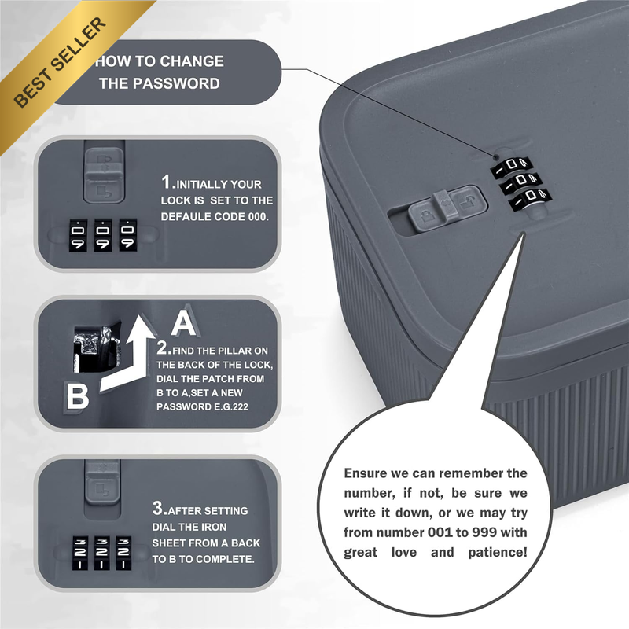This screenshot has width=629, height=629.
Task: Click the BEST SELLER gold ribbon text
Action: tap(61, 62)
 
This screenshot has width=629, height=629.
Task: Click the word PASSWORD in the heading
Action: tap(176, 83)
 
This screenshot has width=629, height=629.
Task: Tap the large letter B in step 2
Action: tap(77, 396)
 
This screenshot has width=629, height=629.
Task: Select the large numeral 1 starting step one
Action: tap(166, 182)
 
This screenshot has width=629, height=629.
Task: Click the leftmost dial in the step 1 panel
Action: tap(78, 235)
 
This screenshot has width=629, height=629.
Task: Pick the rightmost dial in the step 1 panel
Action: tap(128, 235)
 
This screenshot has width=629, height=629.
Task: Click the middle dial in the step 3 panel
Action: tap(102, 553)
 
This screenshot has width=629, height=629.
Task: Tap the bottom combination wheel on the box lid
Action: tap(530, 199)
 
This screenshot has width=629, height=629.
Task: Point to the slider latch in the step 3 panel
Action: tap(102, 482)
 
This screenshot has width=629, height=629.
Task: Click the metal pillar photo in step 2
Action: tap(97, 346)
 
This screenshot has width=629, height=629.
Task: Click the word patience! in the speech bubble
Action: tap(498, 553)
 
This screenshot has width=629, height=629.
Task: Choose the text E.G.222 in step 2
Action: tap(231, 406)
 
